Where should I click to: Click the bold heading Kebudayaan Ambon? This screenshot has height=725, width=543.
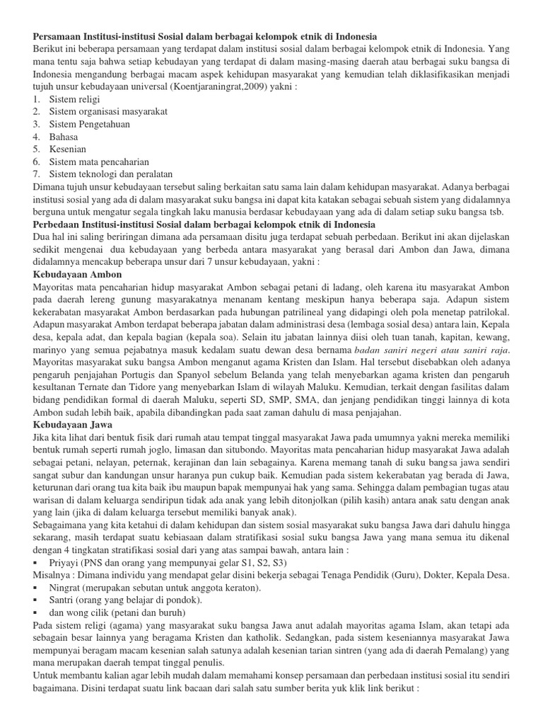point(78,273)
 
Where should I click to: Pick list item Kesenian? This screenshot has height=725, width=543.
point(67,149)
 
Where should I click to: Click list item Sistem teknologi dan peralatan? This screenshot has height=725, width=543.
point(110,173)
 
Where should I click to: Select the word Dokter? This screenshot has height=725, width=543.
point(429,576)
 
